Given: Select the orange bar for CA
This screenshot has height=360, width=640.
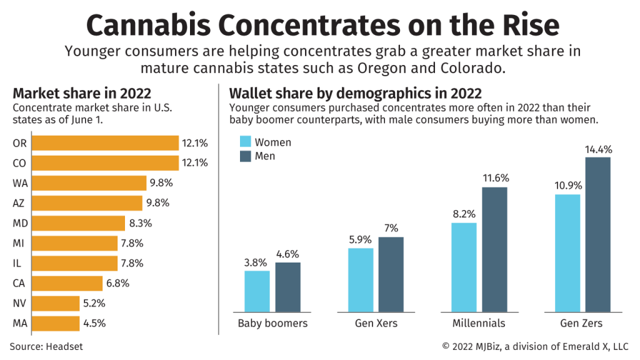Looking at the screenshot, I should [x=66, y=283].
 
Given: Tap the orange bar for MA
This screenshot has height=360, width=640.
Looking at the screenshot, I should [x=55, y=323].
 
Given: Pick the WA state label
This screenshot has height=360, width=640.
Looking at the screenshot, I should [x=20, y=183].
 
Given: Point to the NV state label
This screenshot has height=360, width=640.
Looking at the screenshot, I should [x=19, y=303].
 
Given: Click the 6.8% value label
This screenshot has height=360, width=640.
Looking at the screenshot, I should [x=117, y=283].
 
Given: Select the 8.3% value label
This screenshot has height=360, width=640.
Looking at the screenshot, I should [x=141, y=223].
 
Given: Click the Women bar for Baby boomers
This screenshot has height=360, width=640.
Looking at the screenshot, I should [x=257, y=291].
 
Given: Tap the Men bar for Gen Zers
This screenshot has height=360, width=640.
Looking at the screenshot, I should [x=598, y=234].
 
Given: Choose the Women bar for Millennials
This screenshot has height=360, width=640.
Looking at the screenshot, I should [x=464, y=267].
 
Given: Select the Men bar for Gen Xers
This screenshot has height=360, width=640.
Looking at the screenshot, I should [x=391, y=274].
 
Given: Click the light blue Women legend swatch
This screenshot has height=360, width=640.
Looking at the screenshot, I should [x=246, y=142].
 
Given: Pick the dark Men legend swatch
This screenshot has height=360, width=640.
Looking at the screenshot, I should [x=246, y=156].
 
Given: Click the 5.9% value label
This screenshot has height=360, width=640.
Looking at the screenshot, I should [x=361, y=240].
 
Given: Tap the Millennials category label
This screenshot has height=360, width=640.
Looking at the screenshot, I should [x=479, y=324].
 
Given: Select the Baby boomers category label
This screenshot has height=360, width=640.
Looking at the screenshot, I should [x=272, y=324].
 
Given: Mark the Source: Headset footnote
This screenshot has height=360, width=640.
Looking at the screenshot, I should [x=46, y=346].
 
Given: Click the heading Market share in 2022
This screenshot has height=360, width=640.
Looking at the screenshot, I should [x=82, y=94].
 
